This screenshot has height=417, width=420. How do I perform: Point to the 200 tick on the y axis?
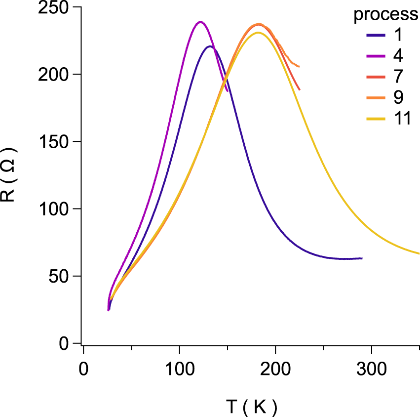coord(54,75)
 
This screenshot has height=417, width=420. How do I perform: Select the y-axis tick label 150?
coord(54,142)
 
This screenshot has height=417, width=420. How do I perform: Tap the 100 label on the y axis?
coord(54,209)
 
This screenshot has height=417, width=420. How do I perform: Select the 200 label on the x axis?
coord(275,368)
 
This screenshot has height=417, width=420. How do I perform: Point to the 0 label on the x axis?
coord(84,368)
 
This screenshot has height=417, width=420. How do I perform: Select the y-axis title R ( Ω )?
coord(11,175)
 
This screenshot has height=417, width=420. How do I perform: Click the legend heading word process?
coord(386,15)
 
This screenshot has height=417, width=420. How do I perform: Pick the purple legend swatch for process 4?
coord(378,56)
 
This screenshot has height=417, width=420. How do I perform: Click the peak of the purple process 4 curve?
coord(200,22)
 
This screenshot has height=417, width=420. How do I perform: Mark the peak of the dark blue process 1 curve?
coord(210,46)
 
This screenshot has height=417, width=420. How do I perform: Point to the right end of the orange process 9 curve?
coord(299,66)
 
